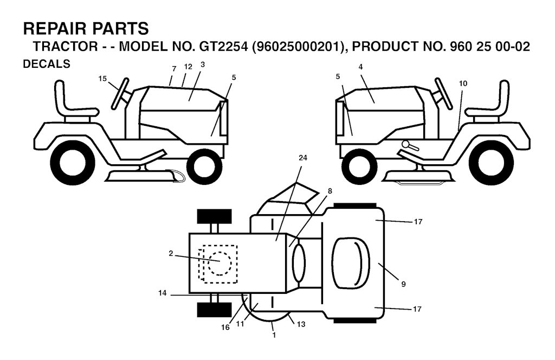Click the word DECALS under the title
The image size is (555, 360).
click(x=47, y=64)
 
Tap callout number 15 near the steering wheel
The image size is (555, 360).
click(x=102, y=79)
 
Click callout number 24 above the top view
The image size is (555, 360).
click(x=303, y=158)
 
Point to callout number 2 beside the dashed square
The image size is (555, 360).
click(x=171, y=253)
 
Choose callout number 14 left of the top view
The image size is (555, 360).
click(x=162, y=293)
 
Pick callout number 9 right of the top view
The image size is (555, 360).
click(x=403, y=284)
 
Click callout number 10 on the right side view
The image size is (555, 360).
click(x=463, y=83)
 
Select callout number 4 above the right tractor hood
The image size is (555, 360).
click(x=360, y=67)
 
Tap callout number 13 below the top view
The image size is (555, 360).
click(x=301, y=324)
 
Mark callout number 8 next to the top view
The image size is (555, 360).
click(x=330, y=191)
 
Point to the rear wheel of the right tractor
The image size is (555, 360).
click(x=491, y=163)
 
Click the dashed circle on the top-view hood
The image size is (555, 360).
click(x=220, y=263)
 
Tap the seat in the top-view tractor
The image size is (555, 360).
click(x=351, y=261)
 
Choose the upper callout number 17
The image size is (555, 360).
click(x=418, y=222)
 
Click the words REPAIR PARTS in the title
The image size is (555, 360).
click(x=86, y=28)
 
